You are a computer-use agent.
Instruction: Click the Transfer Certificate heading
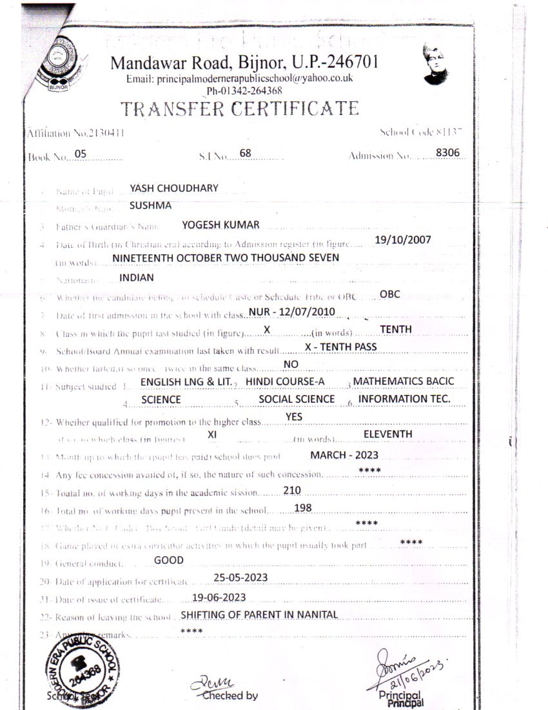240,108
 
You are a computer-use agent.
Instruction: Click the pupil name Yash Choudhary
174,188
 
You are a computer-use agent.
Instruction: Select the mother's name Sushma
150,206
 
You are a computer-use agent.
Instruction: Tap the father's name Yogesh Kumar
220,225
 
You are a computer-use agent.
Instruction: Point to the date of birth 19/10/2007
402,239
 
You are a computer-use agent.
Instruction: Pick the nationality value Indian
137,278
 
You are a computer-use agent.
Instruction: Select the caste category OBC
390,294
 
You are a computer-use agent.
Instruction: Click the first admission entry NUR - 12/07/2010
291,312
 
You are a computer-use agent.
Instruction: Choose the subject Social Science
297,400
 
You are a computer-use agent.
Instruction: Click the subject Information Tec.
404,400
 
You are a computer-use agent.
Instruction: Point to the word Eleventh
387,434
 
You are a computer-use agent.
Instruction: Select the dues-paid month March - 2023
344,455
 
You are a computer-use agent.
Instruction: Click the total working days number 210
292,491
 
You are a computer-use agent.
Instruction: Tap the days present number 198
302,509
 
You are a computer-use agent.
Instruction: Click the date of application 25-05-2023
240,577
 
